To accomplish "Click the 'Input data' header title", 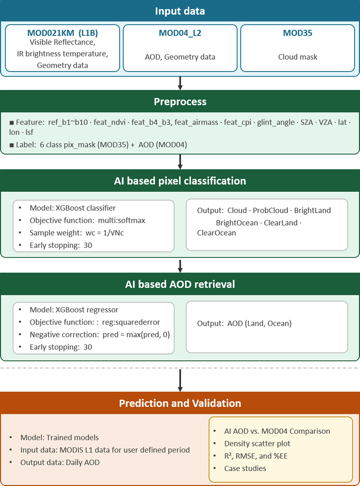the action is (180, 11).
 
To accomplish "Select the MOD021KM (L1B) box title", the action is (63, 33).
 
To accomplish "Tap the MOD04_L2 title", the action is (180, 33).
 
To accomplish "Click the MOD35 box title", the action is (297, 33).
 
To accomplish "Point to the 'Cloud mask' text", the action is (297, 57).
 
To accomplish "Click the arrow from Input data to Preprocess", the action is (180, 83).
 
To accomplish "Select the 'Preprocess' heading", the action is (180, 102).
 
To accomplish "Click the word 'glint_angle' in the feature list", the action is (275, 122).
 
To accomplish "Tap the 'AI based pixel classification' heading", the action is (180, 181).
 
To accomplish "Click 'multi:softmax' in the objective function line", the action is (121, 220).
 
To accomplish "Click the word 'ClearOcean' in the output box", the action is (216, 233).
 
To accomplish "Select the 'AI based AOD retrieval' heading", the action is (180, 284).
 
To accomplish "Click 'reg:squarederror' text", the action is (131, 322).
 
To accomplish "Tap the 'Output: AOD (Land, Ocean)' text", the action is (244, 324).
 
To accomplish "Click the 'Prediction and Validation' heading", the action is (180, 403).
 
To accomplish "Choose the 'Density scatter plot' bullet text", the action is (257, 444).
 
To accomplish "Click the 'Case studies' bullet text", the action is (245, 468).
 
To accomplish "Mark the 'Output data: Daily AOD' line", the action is (60, 463).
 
